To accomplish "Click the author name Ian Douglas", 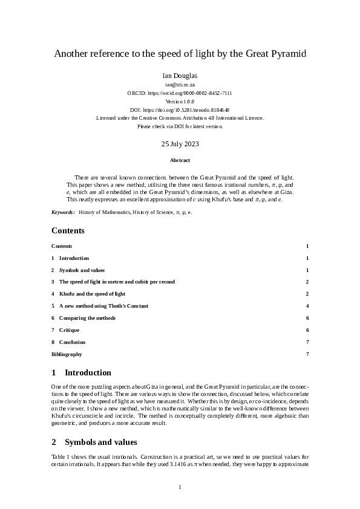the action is [180, 76].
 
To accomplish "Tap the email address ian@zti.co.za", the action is [180, 85].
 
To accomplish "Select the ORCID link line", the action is [180, 94].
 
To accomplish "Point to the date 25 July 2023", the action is [180, 144].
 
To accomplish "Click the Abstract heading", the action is [180, 160].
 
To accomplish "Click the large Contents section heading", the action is [68, 230].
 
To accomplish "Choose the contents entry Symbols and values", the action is [82, 270].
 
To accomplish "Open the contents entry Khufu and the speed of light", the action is [92, 294].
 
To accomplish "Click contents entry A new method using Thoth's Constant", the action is [103, 306].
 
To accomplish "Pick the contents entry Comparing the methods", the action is [87, 318].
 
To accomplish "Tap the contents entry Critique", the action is [69, 330].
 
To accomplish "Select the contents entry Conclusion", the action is [72, 342].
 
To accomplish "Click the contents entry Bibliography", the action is [67, 354].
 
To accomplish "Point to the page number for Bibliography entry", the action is [307, 354].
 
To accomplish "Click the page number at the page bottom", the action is [180, 487].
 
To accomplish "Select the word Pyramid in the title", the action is [287, 54].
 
